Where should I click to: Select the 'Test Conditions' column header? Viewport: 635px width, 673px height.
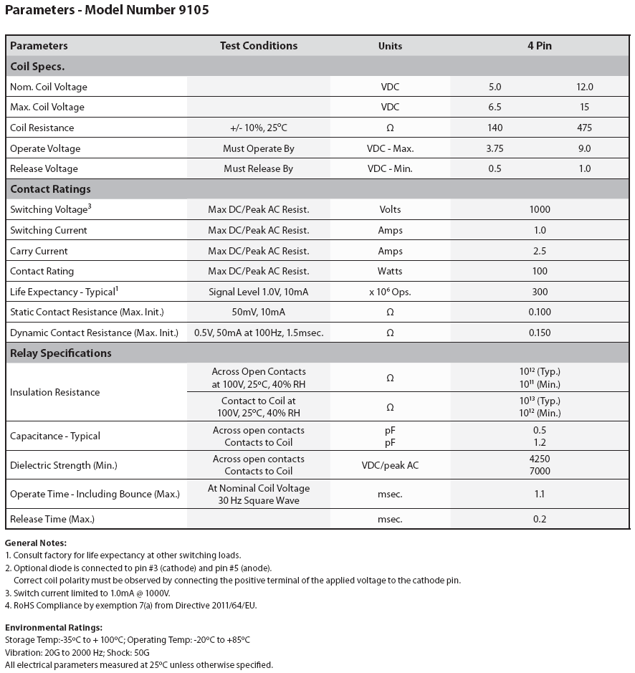[258, 46]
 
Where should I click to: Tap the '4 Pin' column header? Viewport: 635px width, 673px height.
[539, 46]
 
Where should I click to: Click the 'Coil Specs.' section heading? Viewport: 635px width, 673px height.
[37, 67]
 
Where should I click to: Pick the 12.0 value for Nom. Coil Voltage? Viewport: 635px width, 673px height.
[584, 87]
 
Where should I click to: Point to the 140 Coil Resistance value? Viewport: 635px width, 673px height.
[495, 128]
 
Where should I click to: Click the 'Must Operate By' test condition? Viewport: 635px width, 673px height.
[258, 148]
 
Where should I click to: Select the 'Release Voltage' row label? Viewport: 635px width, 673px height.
[44, 169]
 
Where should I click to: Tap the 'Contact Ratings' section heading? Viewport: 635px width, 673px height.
[50, 189]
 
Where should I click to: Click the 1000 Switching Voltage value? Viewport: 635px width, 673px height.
[539, 210]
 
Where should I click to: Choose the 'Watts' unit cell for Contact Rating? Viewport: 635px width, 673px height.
[390, 272]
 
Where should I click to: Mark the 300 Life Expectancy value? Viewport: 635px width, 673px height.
[539, 292]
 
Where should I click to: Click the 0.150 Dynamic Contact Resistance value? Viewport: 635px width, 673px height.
[539, 333]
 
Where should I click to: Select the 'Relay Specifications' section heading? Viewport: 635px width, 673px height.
[61, 353]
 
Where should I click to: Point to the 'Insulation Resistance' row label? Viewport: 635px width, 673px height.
[55, 393]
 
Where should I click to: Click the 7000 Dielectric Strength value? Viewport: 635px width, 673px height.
[539, 471]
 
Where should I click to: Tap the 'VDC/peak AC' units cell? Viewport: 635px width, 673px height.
[390, 465]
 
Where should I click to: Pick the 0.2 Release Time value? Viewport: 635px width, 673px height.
[539, 519]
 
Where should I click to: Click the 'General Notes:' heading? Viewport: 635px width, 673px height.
[35, 543]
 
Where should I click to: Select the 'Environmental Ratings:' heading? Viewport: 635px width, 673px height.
[53, 628]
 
